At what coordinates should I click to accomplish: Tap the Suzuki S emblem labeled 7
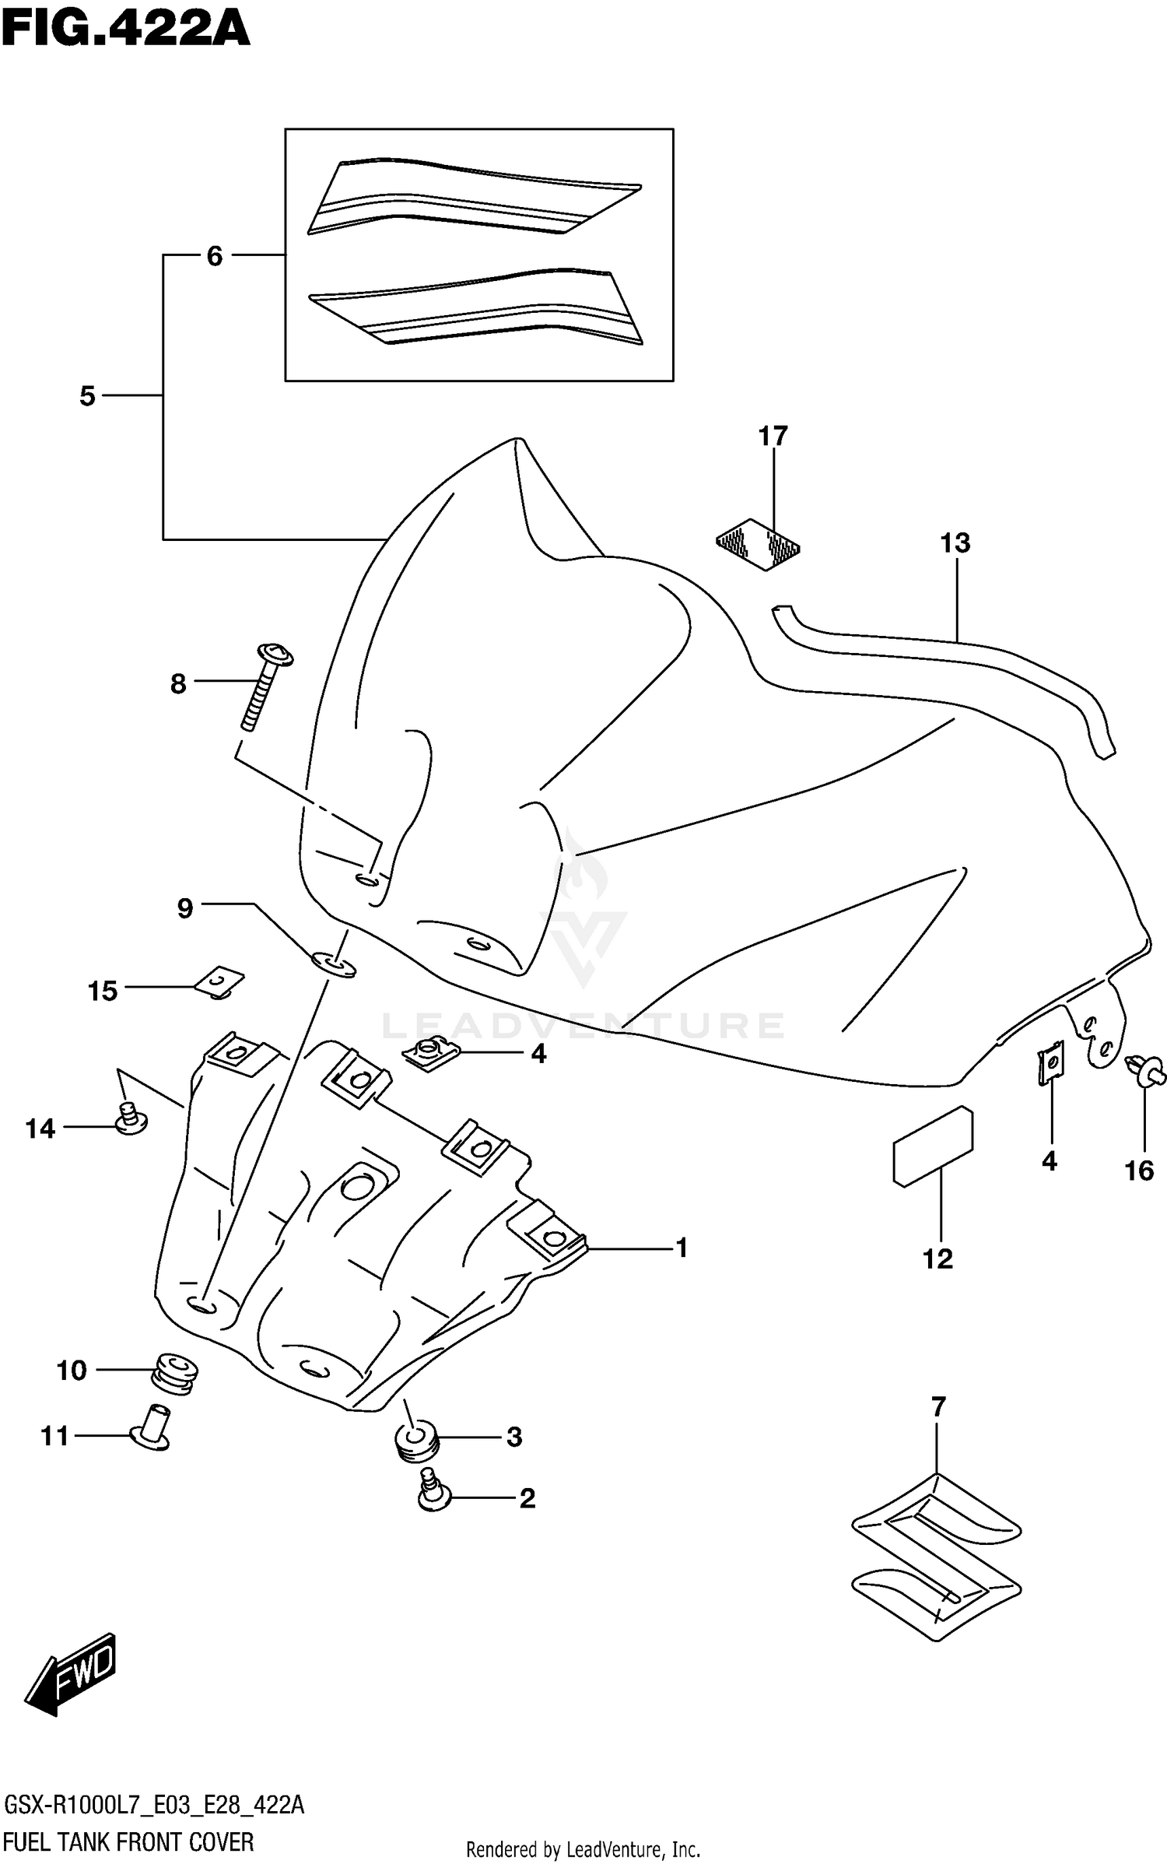936,1557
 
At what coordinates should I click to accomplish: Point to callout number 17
773,436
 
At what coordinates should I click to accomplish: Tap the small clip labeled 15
219,982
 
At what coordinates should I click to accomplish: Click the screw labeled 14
131,1119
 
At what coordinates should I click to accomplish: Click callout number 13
955,542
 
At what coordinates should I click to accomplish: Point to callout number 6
215,255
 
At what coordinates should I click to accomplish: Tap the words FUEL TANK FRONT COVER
128,1841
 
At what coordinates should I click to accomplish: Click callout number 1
682,1248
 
